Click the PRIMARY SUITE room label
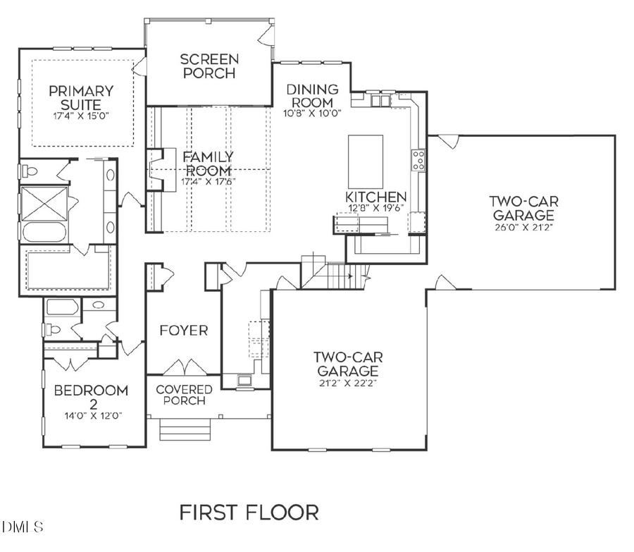pyautogui.click(x=81, y=98)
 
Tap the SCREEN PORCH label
pyautogui.click(x=209, y=66)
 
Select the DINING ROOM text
pyautogui.click(x=312, y=96)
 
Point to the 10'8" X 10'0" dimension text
pyautogui.click(x=312, y=112)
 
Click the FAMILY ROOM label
pyautogui.click(x=209, y=164)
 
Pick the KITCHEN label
pyautogui.click(x=375, y=197)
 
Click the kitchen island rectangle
pyautogui.click(x=366, y=152)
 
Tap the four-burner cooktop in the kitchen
pyautogui.click(x=418, y=161)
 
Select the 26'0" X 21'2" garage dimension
pyautogui.click(x=523, y=227)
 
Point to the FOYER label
pyautogui.click(x=183, y=331)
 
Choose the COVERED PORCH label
pyautogui.click(x=184, y=395)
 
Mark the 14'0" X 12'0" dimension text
pyautogui.click(x=92, y=415)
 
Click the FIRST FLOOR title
pyautogui.click(x=249, y=512)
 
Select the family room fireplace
pyautogui.click(x=161, y=170)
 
